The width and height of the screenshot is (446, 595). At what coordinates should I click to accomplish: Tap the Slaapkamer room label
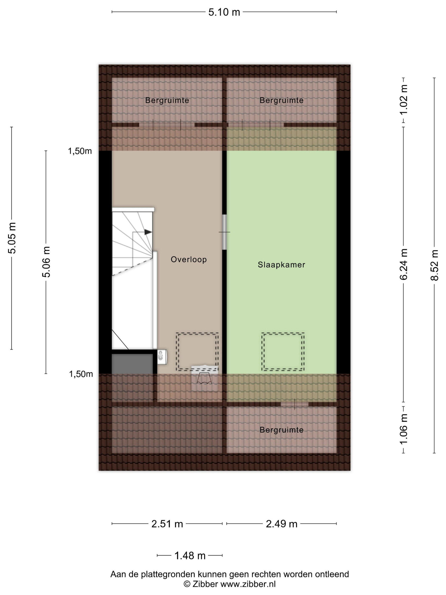pos(281,265)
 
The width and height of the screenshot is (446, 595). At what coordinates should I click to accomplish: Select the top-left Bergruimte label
pos(167,100)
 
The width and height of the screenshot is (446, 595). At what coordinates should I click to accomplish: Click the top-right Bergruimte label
pos(281,100)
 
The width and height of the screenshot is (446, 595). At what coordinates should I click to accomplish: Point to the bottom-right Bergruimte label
pos(281,430)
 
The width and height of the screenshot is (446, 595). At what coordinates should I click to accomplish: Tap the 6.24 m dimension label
pos(404,264)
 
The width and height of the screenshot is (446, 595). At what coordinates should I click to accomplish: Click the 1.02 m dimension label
pos(404,99)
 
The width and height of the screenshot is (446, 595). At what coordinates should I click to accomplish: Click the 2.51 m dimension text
pos(167,524)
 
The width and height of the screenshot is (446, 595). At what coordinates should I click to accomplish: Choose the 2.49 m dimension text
pos(281,524)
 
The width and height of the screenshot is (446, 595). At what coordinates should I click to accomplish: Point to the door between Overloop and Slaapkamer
pos(224,232)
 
